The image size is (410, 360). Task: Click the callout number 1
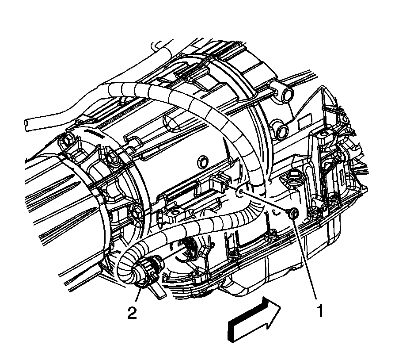(x=320, y=311)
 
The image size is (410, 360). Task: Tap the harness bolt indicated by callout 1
(x=292, y=212)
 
